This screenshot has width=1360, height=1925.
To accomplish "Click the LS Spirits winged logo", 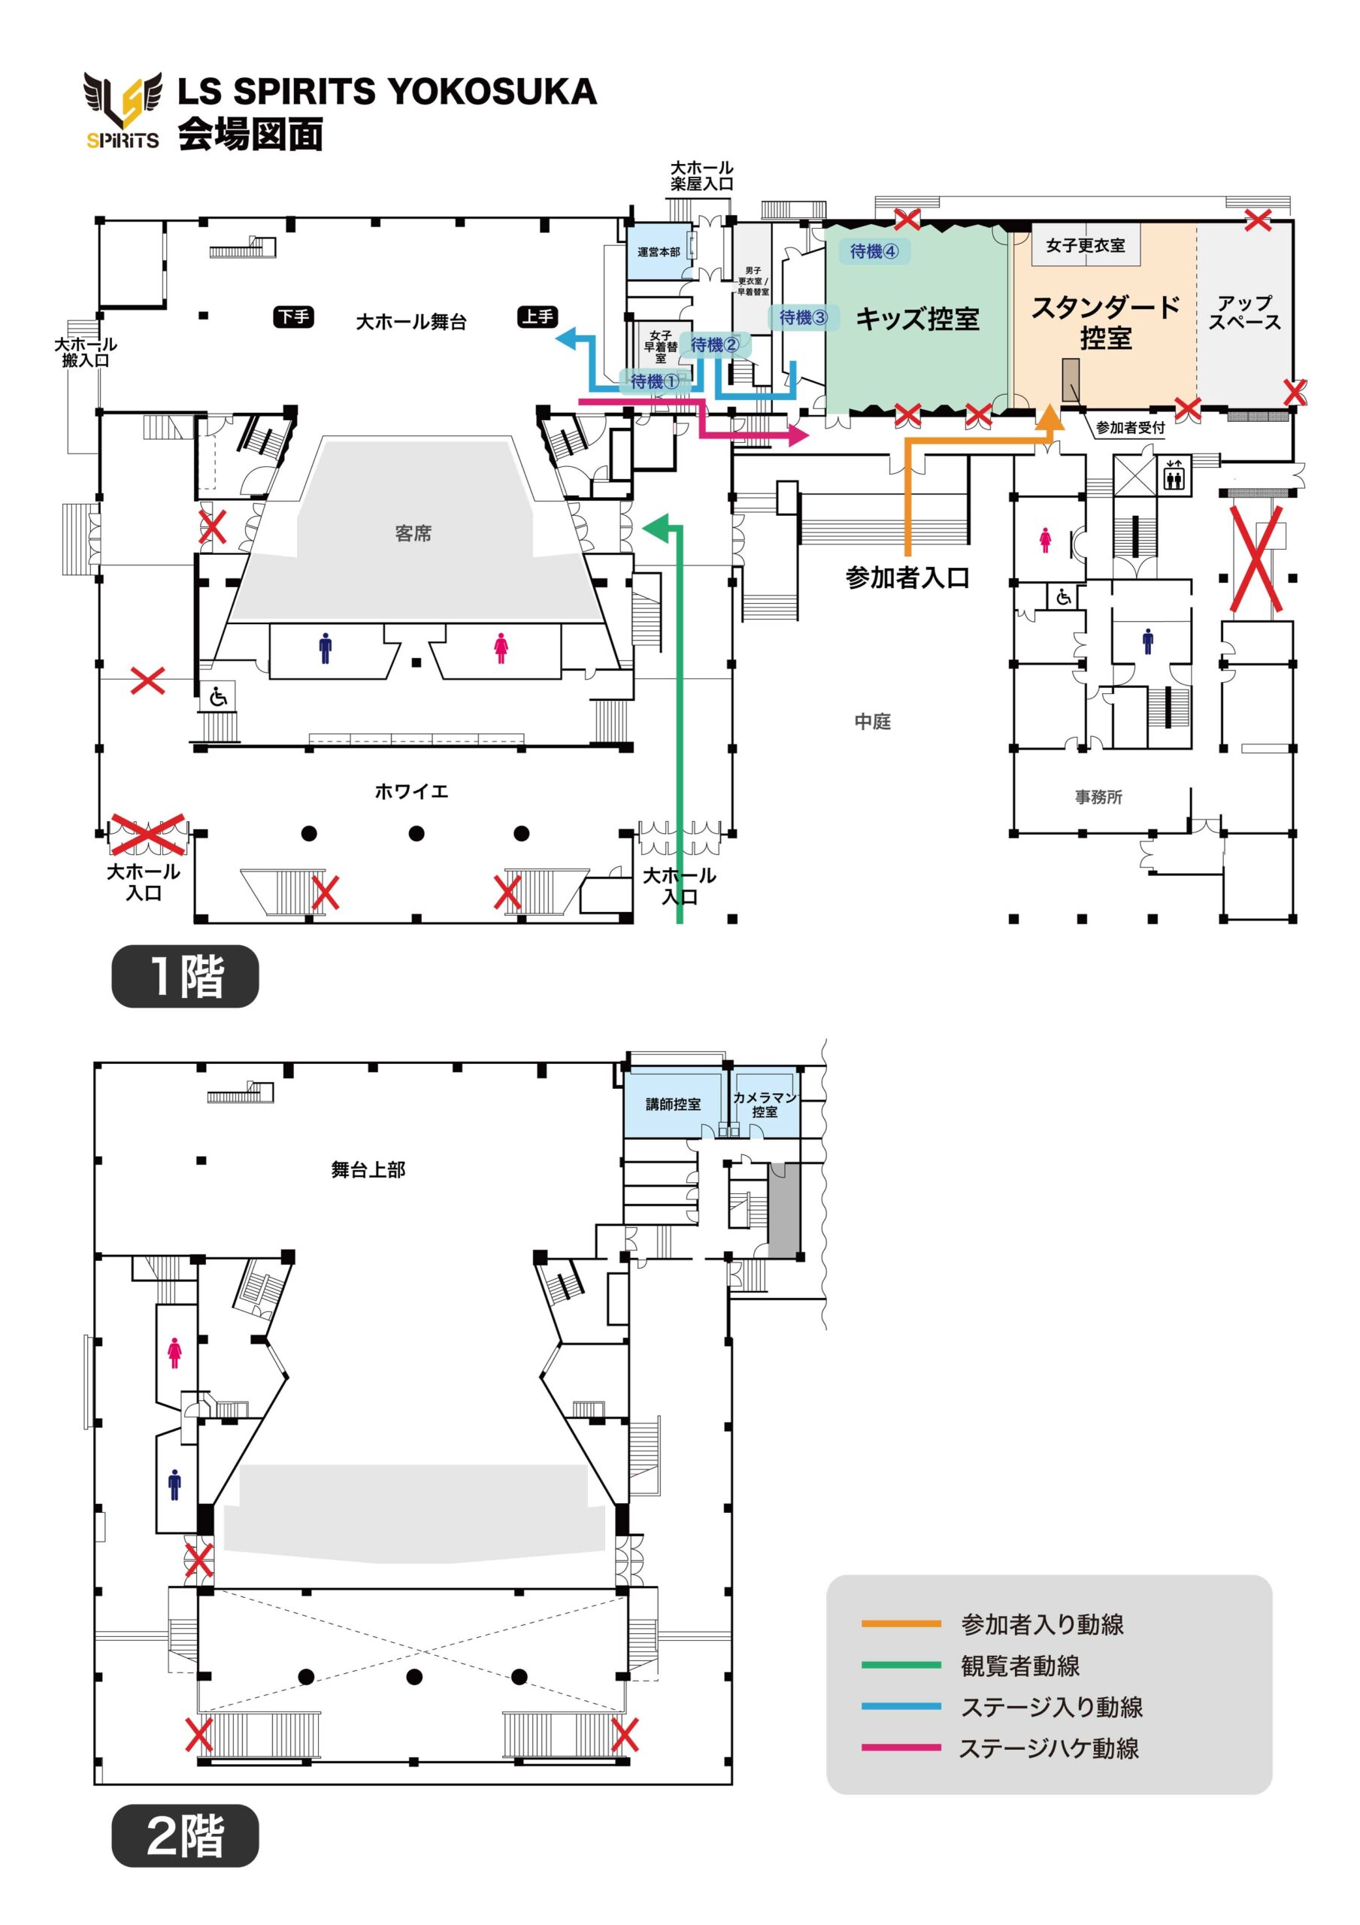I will (123, 109).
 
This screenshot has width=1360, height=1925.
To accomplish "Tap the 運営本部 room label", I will (659, 251).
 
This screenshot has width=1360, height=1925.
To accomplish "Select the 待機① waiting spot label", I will (655, 381).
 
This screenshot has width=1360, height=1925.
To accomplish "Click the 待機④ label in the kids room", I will (874, 250).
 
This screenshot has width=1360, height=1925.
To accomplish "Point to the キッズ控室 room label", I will (917, 319).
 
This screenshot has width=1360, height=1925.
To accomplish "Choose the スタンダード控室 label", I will (1105, 323).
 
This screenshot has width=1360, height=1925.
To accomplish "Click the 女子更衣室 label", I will (1085, 246).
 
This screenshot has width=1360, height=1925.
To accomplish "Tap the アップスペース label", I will (1244, 313).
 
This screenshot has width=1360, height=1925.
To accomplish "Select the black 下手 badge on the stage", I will (293, 317).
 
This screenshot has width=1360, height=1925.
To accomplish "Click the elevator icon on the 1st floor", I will (1173, 475).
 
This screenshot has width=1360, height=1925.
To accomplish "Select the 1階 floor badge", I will (185, 976).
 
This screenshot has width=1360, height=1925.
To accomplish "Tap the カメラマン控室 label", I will (764, 1104).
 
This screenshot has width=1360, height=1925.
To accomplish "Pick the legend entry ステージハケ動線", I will (1048, 1748).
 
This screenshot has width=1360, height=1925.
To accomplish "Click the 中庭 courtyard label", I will (872, 721).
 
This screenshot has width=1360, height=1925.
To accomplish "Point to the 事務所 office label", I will (1098, 797).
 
